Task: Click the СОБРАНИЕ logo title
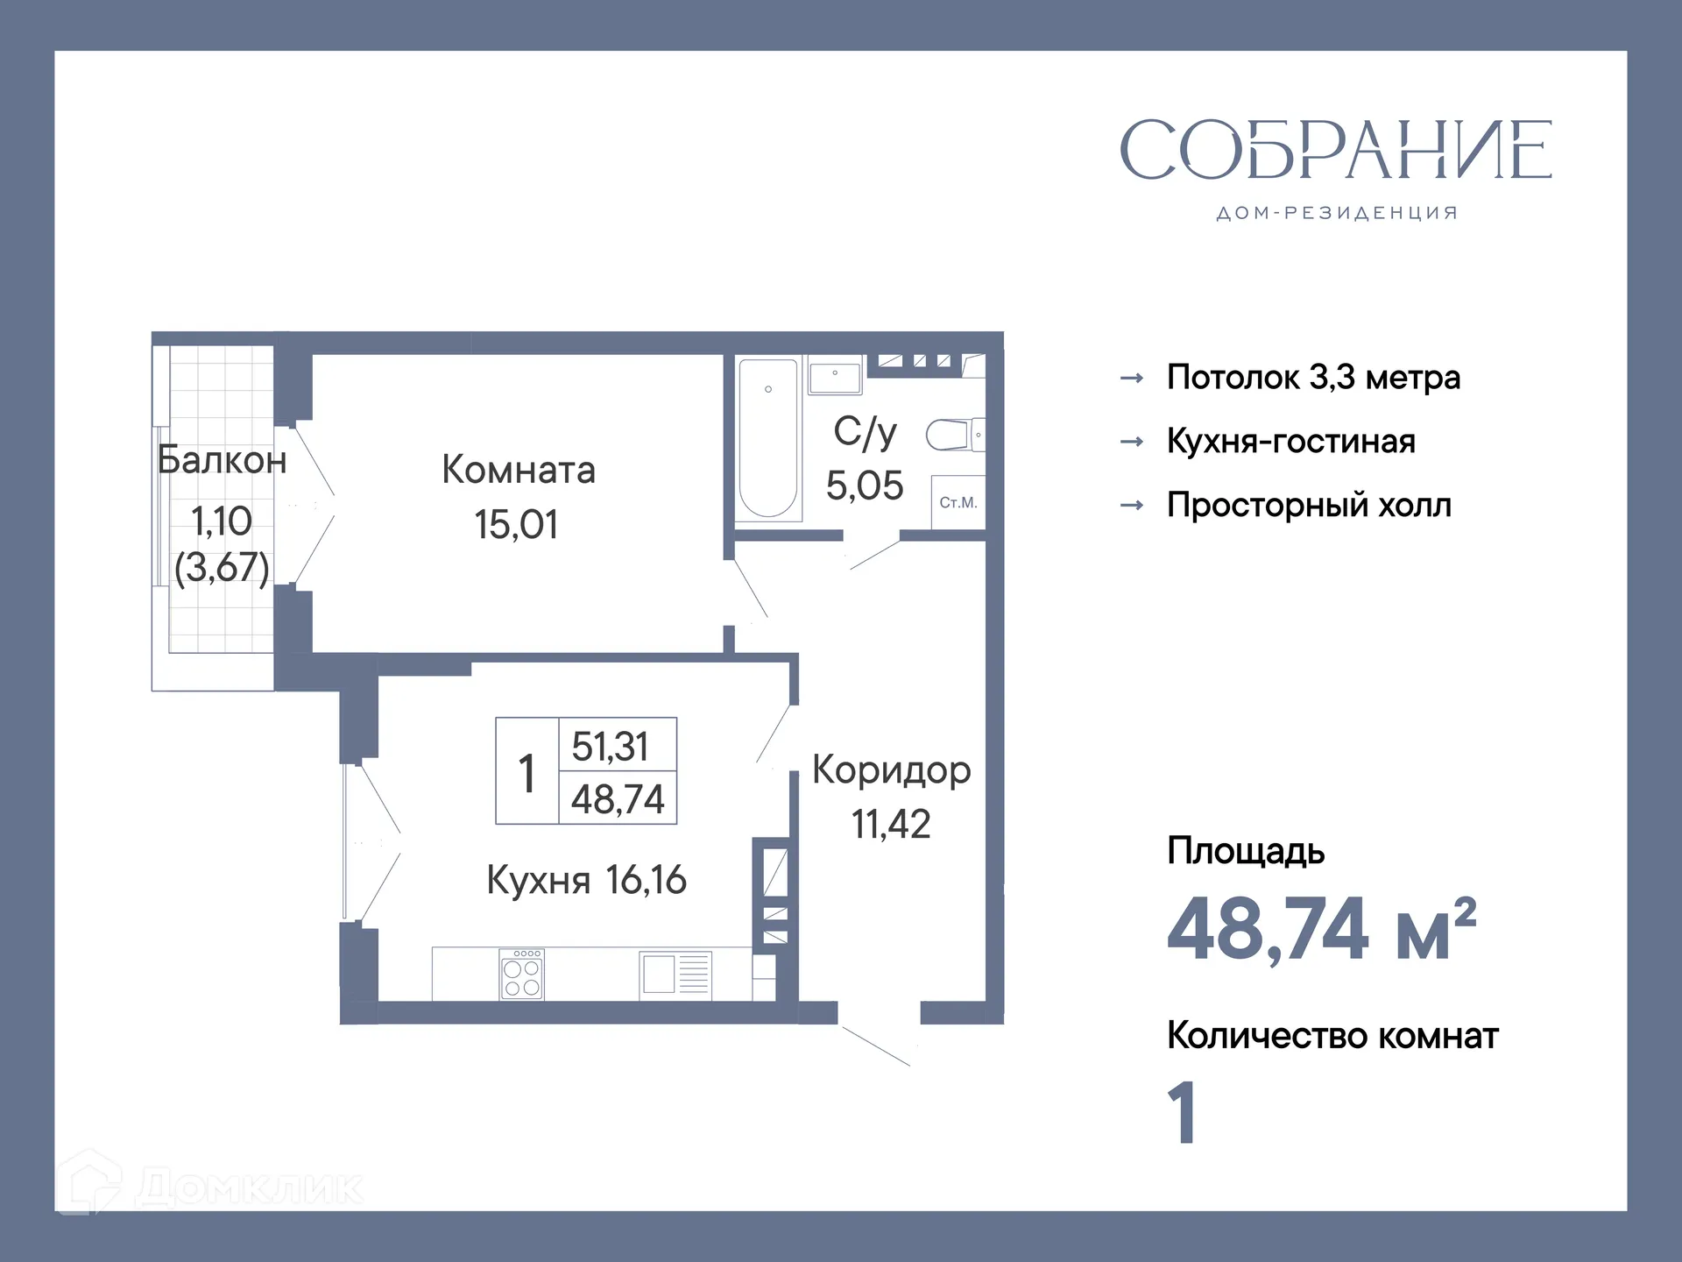pyautogui.click(x=1335, y=150)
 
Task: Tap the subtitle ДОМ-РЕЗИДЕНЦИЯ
pyautogui.click(x=1336, y=213)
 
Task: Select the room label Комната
pyautogui.click(x=519, y=470)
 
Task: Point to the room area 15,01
pyautogui.click(x=516, y=524)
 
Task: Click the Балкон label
pyautogui.click(x=222, y=460)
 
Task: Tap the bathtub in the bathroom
pyautogui.click(x=768, y=438)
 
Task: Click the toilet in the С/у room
pyautogui.click(x=953, y=434)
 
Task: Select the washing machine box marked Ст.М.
pyautogui.click(x=958, y=502)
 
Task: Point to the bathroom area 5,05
pyautogui.click(x=865, y=486)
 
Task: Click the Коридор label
pyautogui.click(x=891, y=770)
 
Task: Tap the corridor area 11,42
pyautogui.click(x=891, y=824)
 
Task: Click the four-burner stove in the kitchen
pyautogui.click(x=522, y=975)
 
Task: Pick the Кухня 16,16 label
pyautogui.click(x=586, y=880)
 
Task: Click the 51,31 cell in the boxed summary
pyautogui.click(x=611, y=747)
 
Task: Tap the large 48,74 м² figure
pyautogui.click(x=1321, y=929)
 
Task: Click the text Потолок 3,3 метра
pyautogui.click(x=1313, y=378)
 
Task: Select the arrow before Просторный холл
pyautogui.click(x=1132, y=506)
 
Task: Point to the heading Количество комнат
pyautogui.click(x=1332, y=1036)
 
